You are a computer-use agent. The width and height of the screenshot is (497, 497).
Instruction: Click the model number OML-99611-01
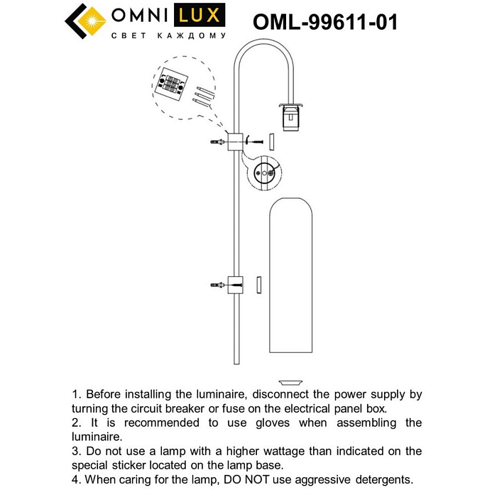(x=325, y=22)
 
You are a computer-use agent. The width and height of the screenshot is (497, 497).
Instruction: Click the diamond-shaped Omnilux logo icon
(x=86, y=21)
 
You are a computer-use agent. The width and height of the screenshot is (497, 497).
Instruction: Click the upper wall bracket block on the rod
(x=235, y=141)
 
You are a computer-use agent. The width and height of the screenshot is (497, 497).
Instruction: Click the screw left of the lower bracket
(x=217, y=285)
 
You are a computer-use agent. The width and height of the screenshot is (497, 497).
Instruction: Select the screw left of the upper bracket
(x=217, y=143)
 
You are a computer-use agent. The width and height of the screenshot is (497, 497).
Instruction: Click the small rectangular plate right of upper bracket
(x=271, y=141)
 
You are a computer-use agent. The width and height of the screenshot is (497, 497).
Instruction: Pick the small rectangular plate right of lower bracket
(x=259, y=284)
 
